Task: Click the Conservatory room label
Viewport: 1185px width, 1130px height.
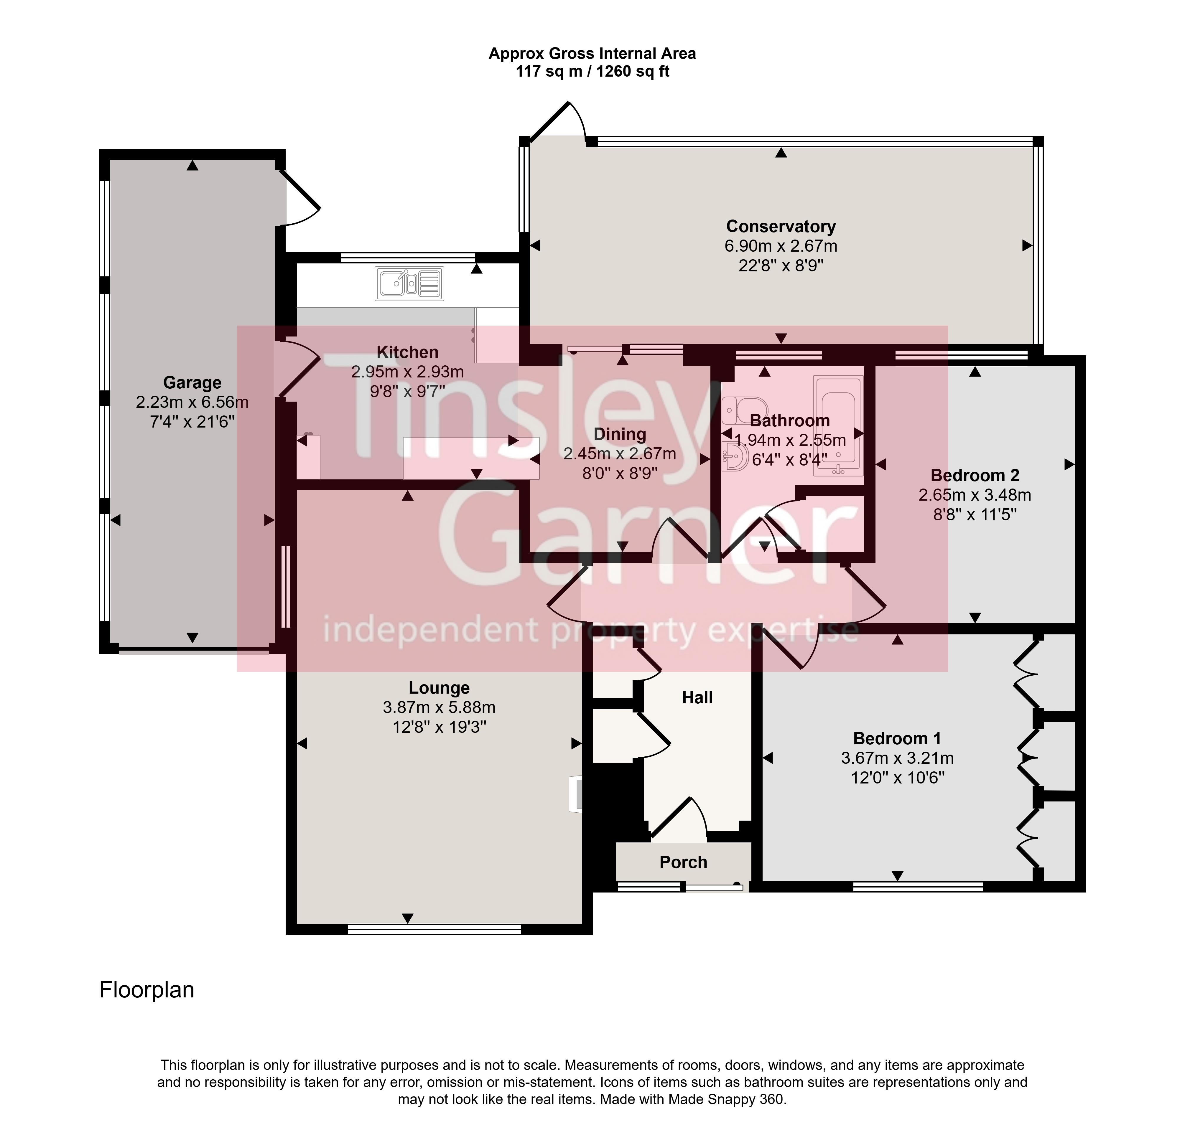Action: coord(781,227)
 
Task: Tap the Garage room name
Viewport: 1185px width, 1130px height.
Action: coord(192,382)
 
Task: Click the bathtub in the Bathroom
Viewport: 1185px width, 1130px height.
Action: coord(838,426)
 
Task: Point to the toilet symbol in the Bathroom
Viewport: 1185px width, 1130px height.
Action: coord(744,410)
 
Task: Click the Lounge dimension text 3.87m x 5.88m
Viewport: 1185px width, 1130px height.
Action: coord(439,707)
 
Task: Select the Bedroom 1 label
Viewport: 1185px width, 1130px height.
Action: coord(897,738)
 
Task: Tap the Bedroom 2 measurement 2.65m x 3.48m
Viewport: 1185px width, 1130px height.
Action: coord(975,495)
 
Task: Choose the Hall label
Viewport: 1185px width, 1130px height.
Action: coord(697,697)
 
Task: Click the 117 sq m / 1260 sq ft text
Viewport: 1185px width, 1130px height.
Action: coord(592,72)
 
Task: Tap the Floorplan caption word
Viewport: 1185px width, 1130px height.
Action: coord(147,990)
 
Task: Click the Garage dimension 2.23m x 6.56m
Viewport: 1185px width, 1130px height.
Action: coord(192,402)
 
